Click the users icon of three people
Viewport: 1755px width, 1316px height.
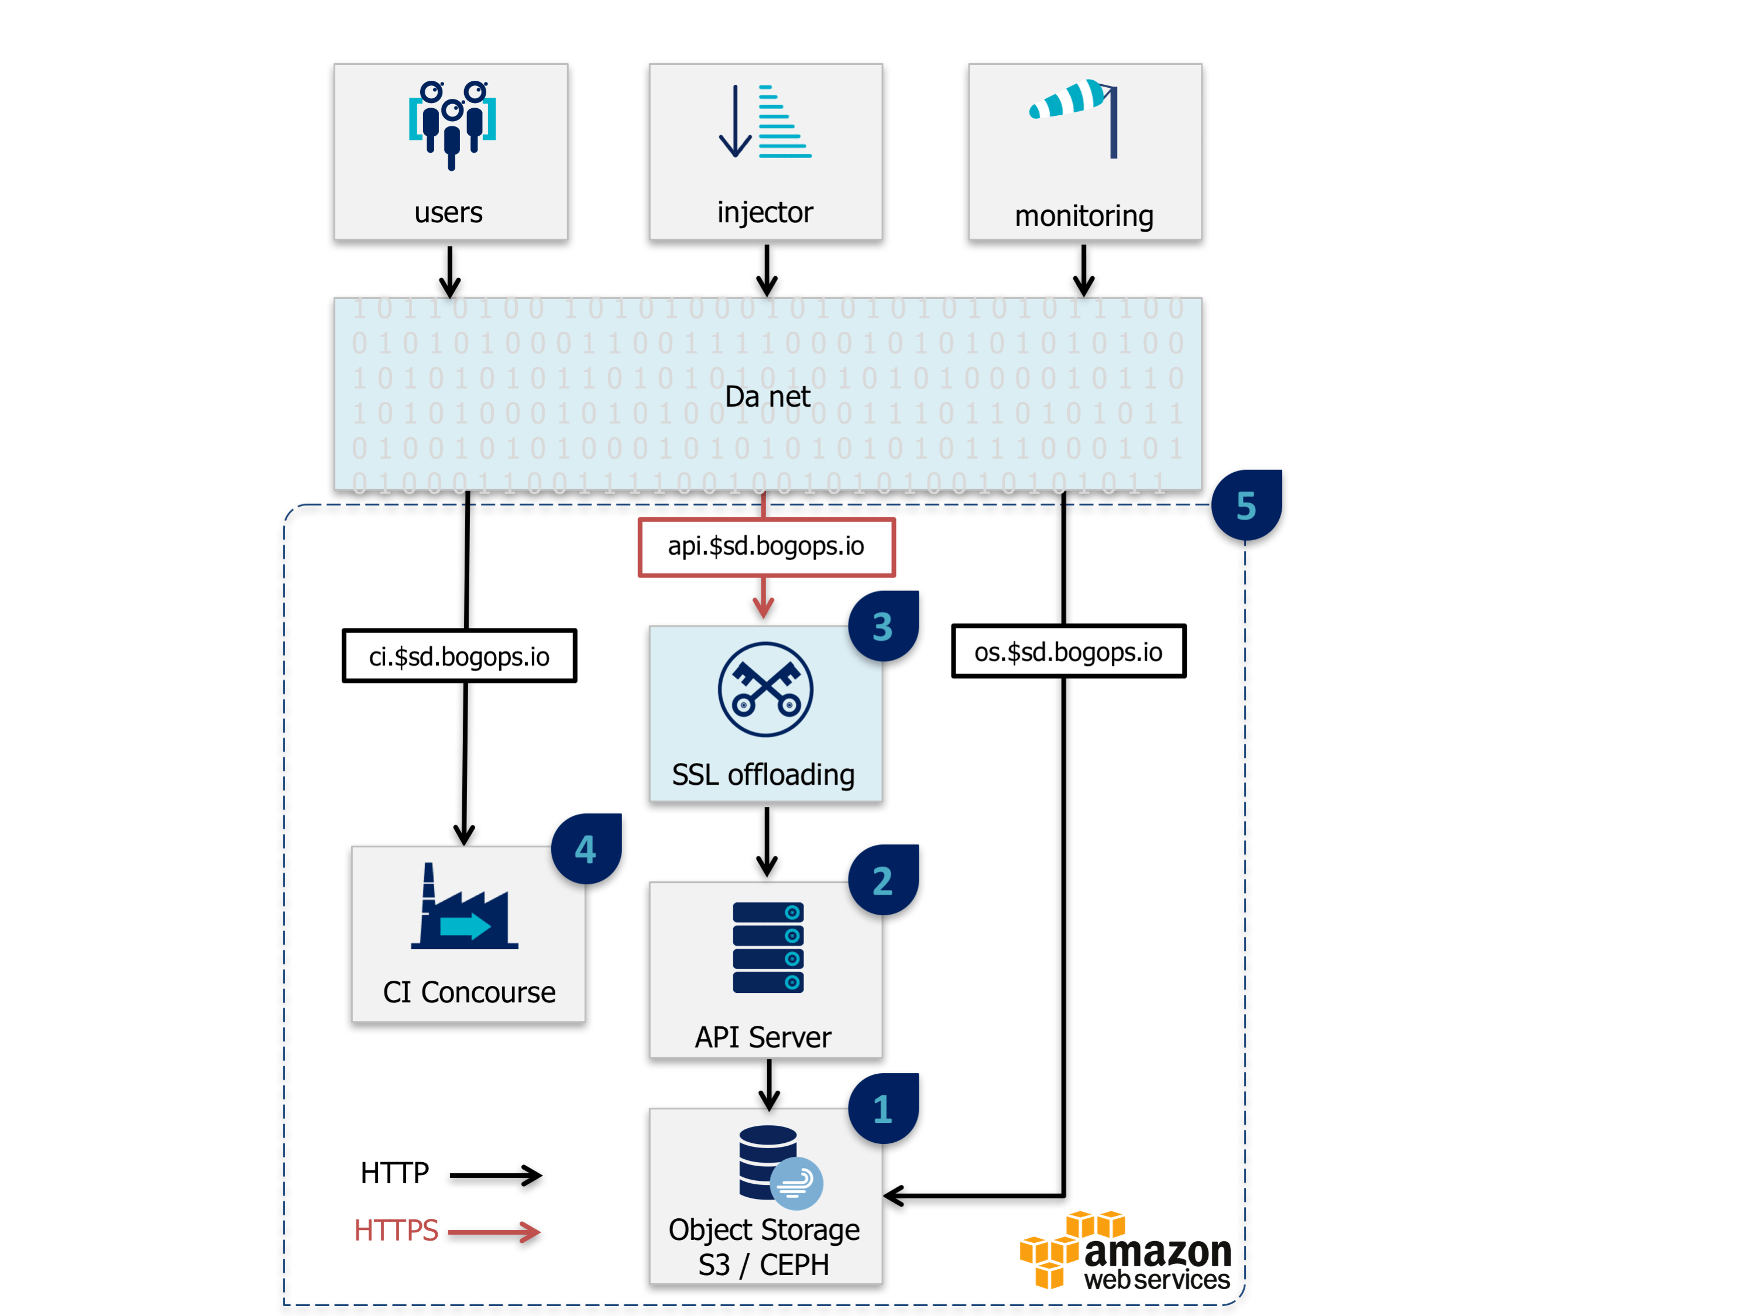(x=451, y=123)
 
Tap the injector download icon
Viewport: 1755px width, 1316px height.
(x=765, y=121)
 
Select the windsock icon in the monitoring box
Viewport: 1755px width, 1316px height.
(x=1075, y=116)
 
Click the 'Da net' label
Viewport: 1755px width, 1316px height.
(x=767, y=396)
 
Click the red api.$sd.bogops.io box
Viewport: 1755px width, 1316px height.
(x=767, y=547)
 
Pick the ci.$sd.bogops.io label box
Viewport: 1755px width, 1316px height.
(x=459, y=656)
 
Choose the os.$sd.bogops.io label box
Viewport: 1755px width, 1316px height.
(x=1068, y=651)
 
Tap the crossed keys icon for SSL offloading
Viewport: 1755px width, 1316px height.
(x=765, y=689)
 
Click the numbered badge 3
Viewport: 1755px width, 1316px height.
(x=883, y=627)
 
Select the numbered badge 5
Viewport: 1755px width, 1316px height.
(x=1246, y=506)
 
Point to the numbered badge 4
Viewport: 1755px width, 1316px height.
(x=586, y=850)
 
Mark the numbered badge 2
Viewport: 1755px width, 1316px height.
(x=883, y=881)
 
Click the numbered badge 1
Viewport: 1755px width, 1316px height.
(x=883, y=1109)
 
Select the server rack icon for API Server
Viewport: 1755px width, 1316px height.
(x=768, y=947)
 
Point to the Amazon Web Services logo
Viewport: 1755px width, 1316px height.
(x=1125, y=1251)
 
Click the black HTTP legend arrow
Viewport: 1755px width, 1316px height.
(x=496, y=1175)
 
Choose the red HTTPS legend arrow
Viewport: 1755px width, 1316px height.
(x=494, y=1232)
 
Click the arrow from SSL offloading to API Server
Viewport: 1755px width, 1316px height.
(x=767, y=841)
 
